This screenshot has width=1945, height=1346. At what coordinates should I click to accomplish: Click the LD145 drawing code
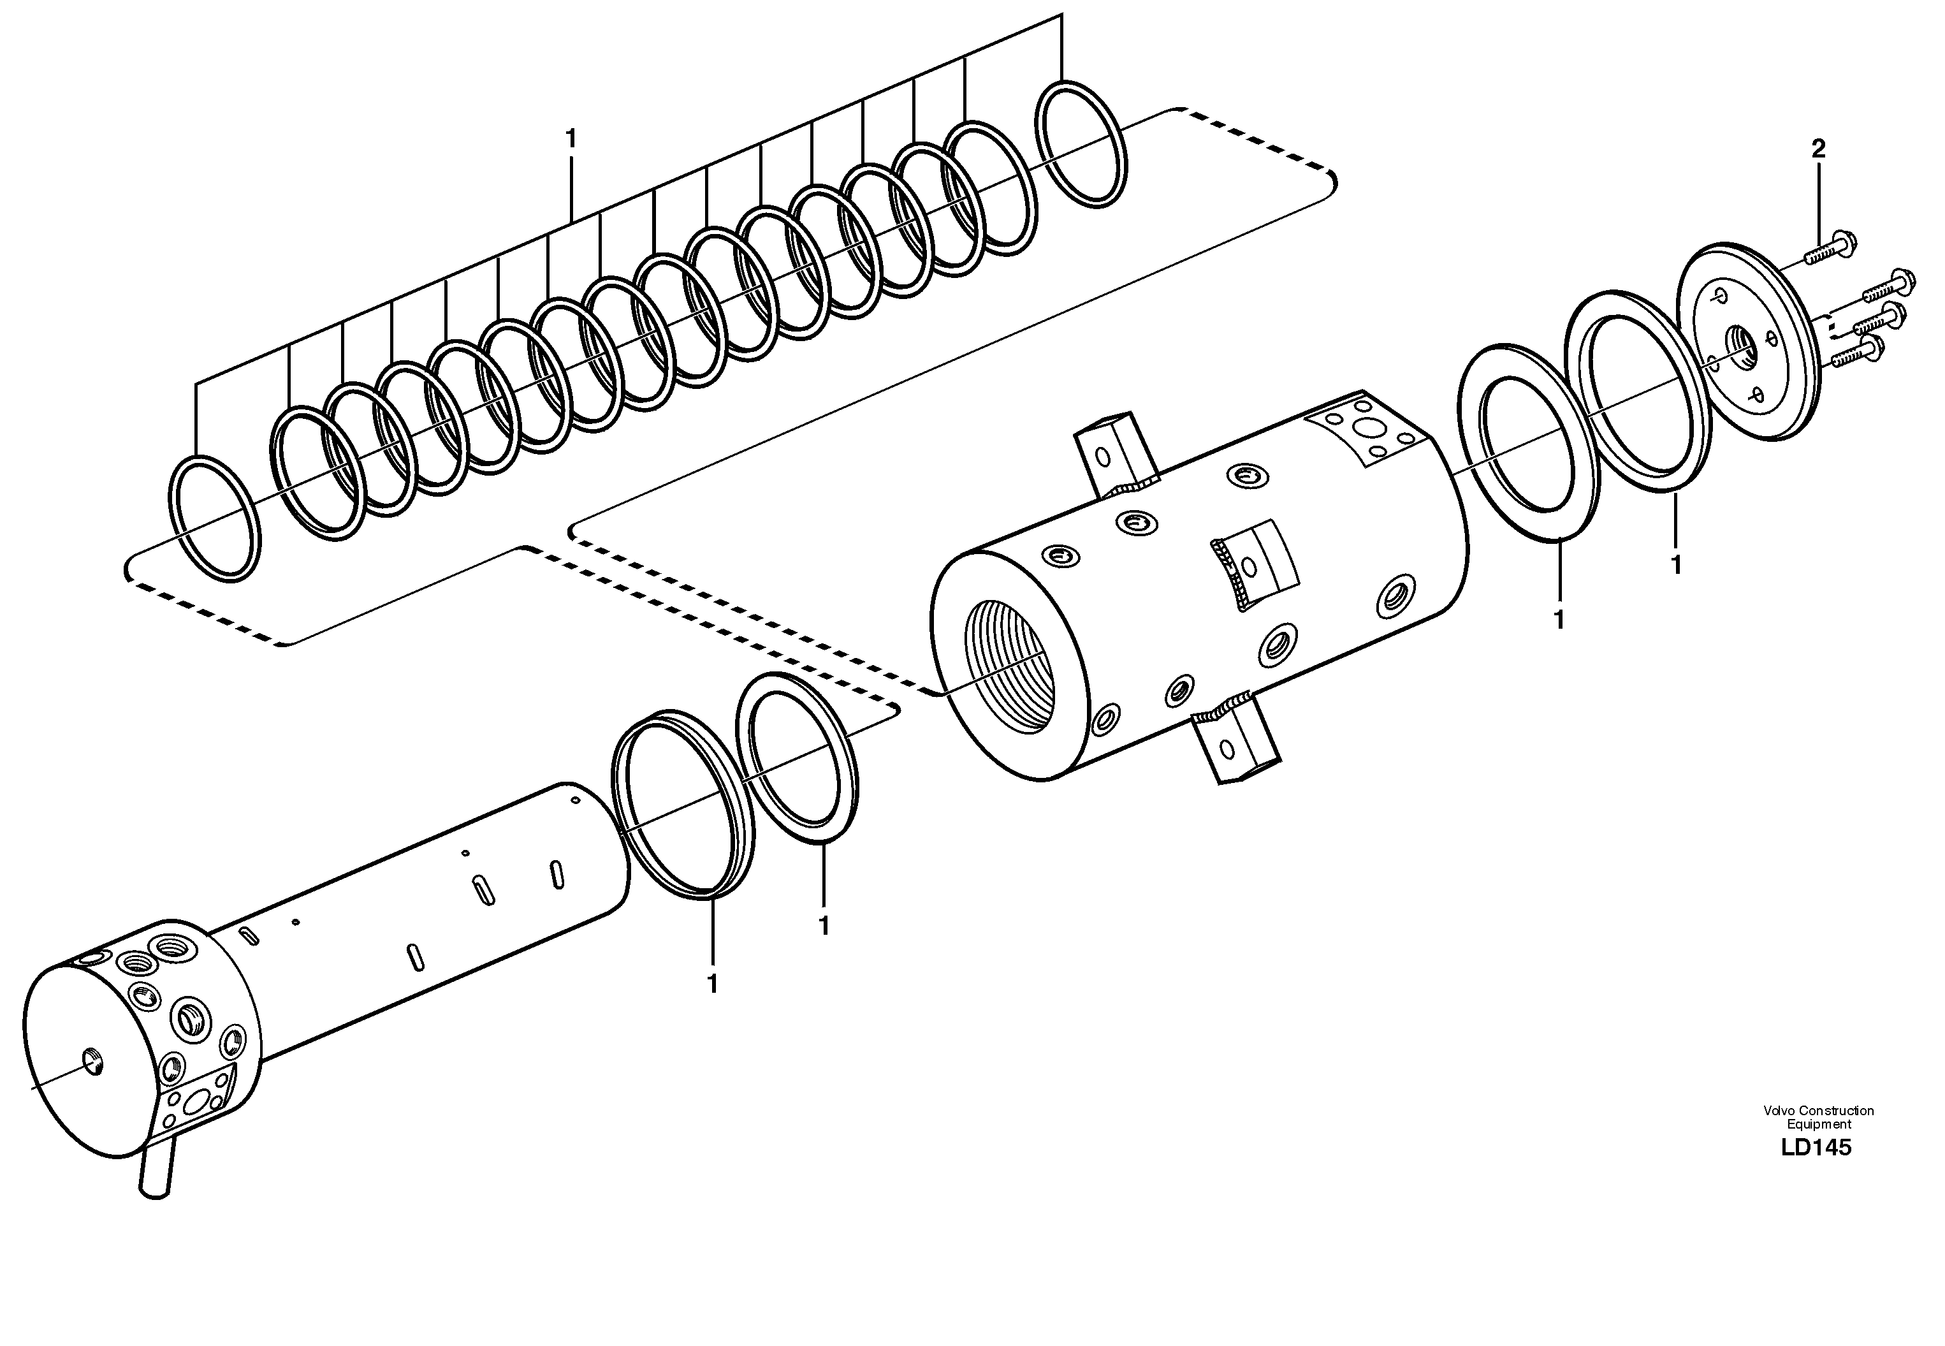[1817, 1148]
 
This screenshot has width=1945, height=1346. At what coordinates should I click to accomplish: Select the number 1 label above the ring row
[572, 139]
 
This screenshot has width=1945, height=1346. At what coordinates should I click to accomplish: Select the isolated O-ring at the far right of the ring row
[1080, 143]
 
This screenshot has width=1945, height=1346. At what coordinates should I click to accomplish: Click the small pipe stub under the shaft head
[157, 1168]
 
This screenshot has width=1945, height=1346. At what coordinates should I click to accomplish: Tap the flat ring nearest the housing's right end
[1527, 441]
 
